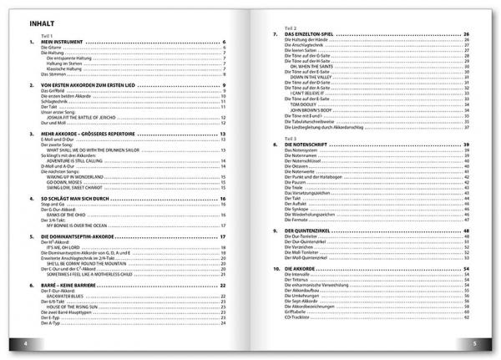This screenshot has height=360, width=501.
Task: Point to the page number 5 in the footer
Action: [474, 344]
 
